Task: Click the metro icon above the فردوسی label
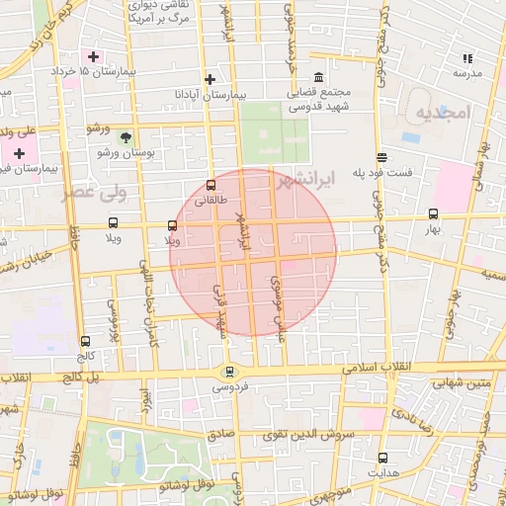click(x=230, y=372)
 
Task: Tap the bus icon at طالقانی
click(x=211, y=185)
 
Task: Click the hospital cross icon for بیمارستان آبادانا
click(x=210, y=79)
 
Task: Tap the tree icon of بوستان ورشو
click(x=126, y=137)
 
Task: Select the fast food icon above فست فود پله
click(x=381, y=157)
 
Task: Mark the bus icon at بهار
click(x=433, y=213)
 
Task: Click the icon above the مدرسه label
click(x=466, y=58)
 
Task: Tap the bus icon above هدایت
click(x=382, y=457)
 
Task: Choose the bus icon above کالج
click(x=85, y=341)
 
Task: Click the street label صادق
click(x=218, y=434)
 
